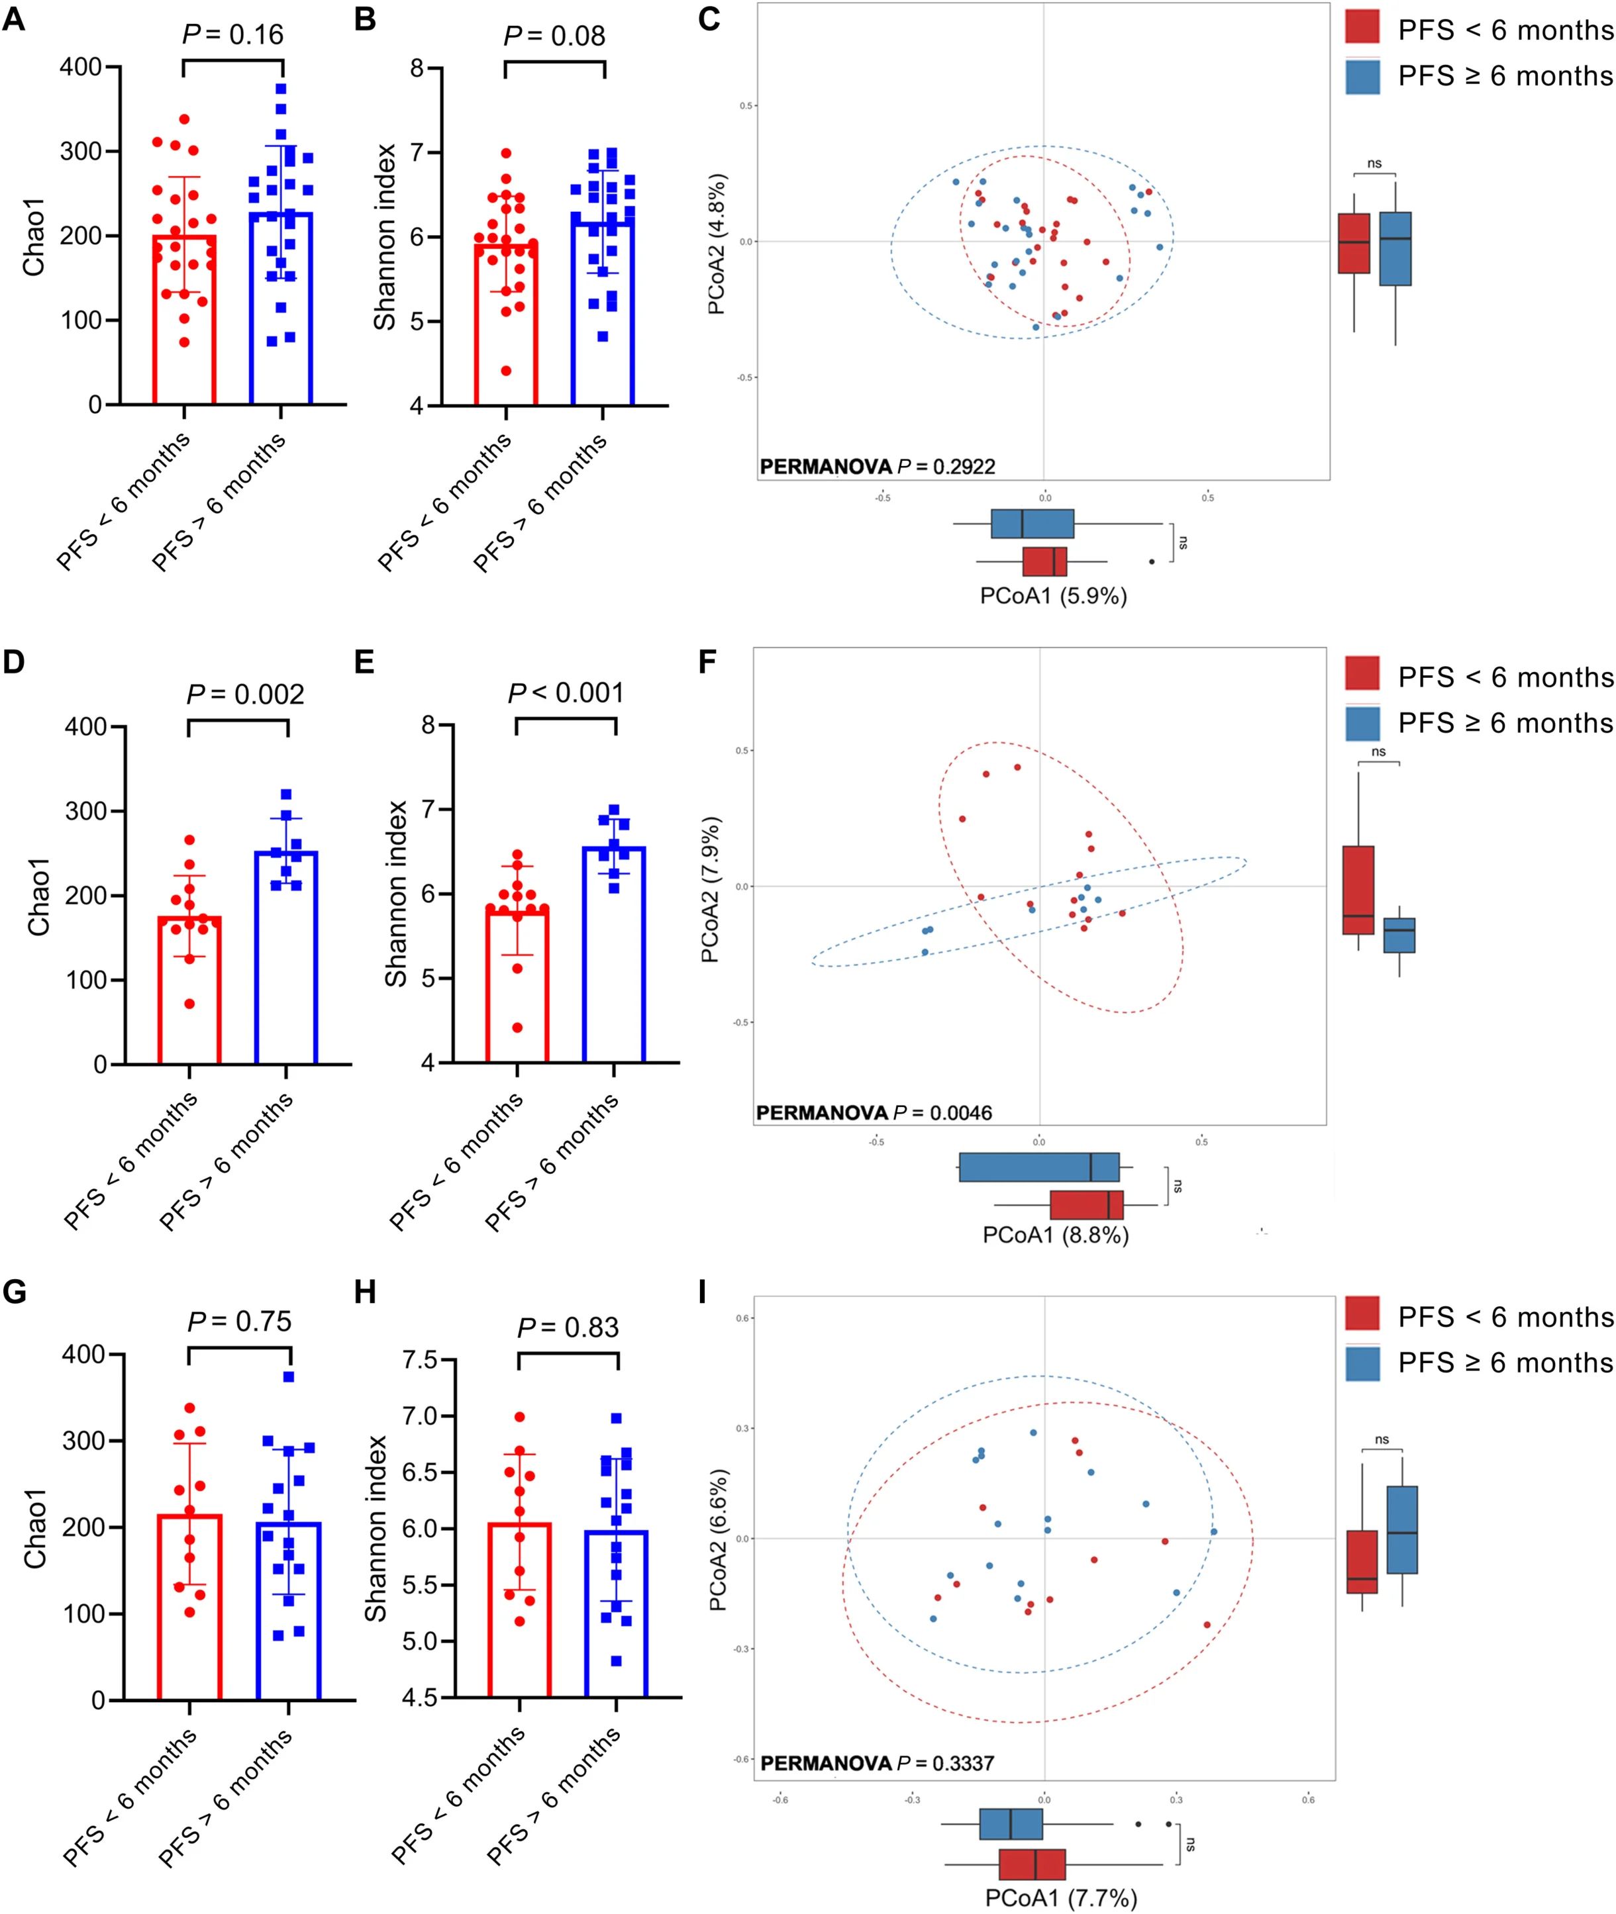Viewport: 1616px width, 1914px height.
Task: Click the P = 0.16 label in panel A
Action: point(232,35)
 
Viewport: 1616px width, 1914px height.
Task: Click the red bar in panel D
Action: point(189,989)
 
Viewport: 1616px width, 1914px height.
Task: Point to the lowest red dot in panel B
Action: point(506,370)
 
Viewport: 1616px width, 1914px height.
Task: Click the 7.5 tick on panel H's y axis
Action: point(420,1359)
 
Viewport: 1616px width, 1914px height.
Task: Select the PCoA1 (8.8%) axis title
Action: point(1055,1235)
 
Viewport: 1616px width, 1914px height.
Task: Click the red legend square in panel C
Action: point(1362,27)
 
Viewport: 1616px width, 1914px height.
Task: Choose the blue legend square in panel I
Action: point(1362,1364)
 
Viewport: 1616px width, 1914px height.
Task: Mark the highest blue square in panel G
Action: point(289,1376)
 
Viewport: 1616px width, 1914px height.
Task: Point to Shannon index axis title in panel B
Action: point(385,236)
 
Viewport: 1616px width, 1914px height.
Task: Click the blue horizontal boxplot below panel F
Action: point(1039,1167)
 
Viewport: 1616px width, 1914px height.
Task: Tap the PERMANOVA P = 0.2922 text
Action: point(877,466)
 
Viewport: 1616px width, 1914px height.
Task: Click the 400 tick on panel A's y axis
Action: point(81,67)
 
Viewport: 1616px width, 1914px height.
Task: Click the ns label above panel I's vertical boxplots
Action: point(1382,1439)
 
